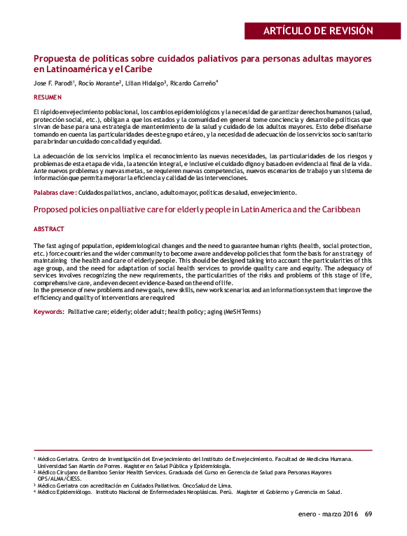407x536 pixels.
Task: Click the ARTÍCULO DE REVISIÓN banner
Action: tap(317, 31)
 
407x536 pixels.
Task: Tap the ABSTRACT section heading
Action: tap(49, 229)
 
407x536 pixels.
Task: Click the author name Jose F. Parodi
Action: tap(53, 83)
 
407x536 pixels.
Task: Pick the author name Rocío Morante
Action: tap(99, 83)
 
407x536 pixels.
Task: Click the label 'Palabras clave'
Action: tap(54, 191)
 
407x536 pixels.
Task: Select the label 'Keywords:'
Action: tap(49, 310)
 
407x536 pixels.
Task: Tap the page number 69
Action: tap(368, 515)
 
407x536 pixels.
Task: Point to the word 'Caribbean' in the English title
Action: tap(339, 209)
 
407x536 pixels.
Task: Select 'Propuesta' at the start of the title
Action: tap(57, 58)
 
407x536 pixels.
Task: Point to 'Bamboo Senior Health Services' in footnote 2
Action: tap(111, 472)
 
